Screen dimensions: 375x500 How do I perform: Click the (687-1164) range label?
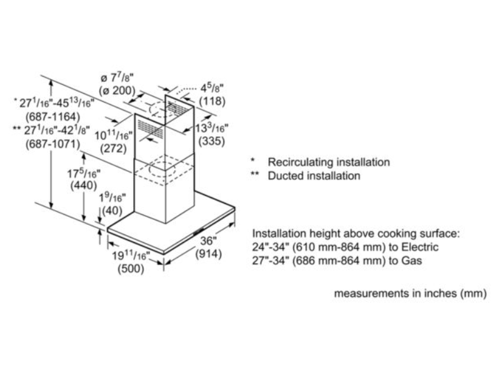[x=55, y=117]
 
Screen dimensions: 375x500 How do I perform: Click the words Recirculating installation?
[x=329, y=162]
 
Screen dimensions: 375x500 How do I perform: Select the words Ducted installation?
[x=314, y=176]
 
